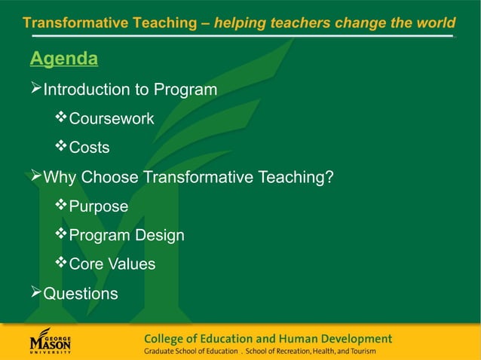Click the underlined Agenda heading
[x=64, y=59]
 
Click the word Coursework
[x=112, y=119]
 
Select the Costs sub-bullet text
[x=89, y=148]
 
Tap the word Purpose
[x=99, y=206]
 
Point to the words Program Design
[x=127, y=236]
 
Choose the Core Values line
[x=112, y=264]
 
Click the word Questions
[x=81, y=294]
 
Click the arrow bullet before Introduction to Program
[x=35, y=90]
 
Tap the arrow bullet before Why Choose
[x=35, y=178]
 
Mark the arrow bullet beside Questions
[x=35, y=293]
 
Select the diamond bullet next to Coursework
[x=62, y=118]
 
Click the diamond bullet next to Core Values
[x=62, y=264]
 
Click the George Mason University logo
[x=51, y=340]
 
